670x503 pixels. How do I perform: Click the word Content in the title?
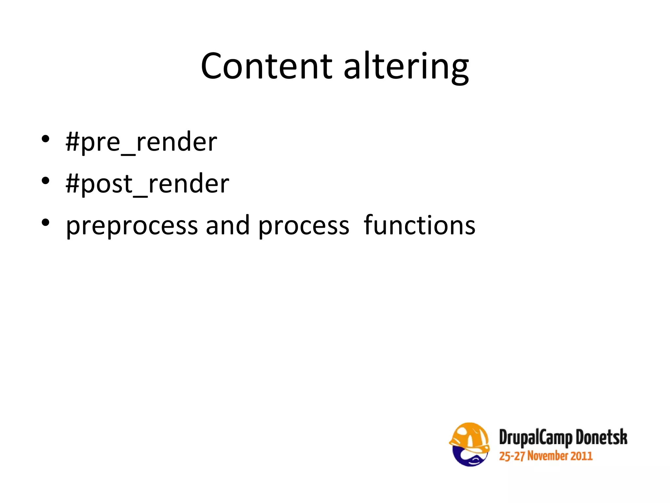point(267,66)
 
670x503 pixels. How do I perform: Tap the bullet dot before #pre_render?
point(45,139)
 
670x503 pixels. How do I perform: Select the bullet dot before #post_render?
point(45,180)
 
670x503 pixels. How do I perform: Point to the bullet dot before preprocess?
point(45,222)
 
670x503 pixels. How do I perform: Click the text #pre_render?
point(141,142)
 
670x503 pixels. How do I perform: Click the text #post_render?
point(148,184)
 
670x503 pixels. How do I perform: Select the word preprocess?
point(132,226)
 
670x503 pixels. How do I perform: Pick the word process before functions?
point(304,226)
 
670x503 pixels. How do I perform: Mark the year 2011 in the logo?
point(582,456)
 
